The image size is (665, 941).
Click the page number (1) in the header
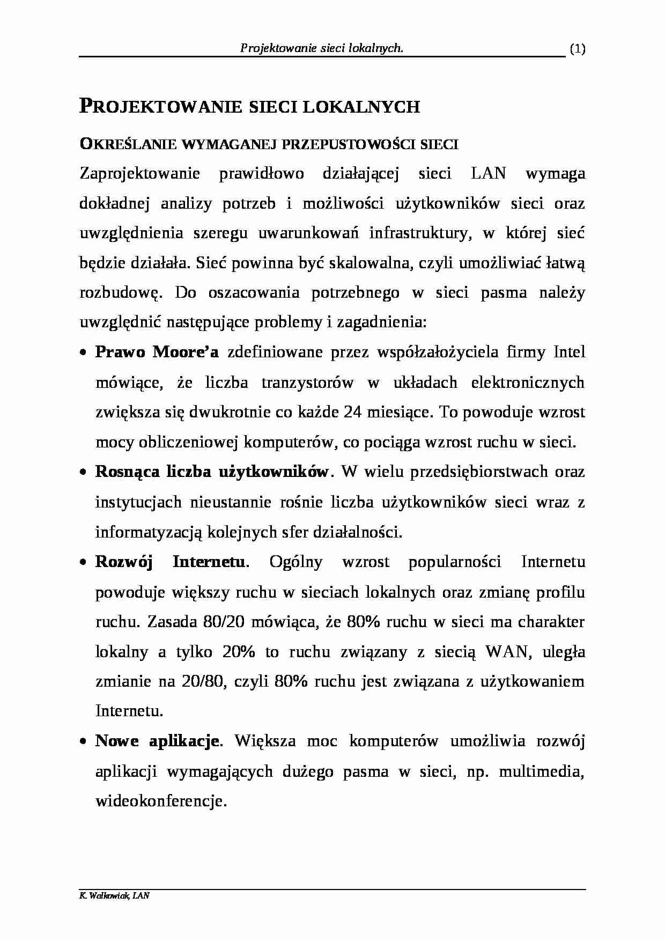(x=577, y=49)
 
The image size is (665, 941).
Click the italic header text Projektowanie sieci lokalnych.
(x=321, y=49)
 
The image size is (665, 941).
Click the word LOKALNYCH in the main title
(x=361, y=107)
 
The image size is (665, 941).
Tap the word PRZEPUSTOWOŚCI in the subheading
(x=349, y=144)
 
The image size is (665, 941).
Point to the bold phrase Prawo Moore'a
(x=157, y=352)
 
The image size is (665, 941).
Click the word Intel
(x=569, y=352)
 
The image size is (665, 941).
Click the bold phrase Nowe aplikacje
(x=157, y=741)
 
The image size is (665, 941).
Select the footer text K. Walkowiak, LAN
(x=114, y=896)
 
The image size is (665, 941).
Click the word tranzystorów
(x=307, y=382)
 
